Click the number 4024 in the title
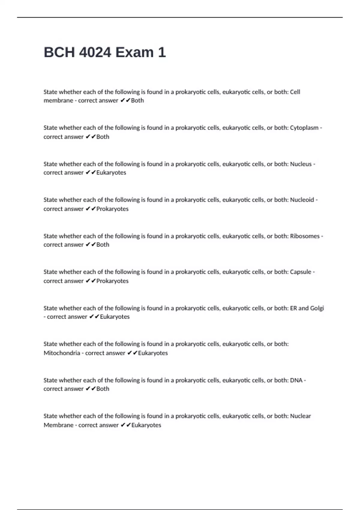95,52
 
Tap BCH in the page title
59,52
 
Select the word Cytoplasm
304,128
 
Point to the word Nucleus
301,164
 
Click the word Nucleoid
302,200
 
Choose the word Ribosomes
305,236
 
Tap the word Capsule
301,272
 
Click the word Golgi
317,308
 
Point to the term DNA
296,380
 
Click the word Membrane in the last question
58,425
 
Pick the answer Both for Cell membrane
137,100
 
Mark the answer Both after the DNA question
103,389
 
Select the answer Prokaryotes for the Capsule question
112,281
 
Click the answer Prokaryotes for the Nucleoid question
112,209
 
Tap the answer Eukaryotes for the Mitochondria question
153,353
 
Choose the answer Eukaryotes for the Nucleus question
111,173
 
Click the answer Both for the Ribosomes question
103,245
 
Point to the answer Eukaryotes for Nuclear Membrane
146,425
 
